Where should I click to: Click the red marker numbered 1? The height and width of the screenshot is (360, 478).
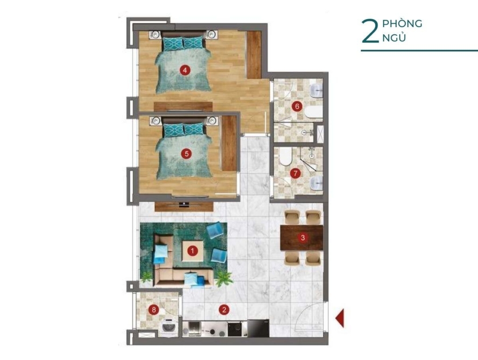coord(192,251)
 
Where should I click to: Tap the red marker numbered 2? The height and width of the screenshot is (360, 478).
coord(224,310)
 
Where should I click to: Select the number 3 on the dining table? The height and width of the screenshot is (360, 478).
coord(302,238)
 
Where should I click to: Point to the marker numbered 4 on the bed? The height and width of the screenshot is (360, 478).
coord(185,71)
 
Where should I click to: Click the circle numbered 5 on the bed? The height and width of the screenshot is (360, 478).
coord(186,154)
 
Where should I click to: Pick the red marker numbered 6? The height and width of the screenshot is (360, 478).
coord(296,106)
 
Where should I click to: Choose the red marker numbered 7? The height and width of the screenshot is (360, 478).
coord(295,173)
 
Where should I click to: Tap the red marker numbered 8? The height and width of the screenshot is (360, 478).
coord(154,310)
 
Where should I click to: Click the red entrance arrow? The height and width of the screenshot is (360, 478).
coord(340,318)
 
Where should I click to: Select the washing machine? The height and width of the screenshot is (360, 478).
coord(169,328)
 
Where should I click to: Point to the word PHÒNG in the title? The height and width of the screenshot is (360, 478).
coord(402,23)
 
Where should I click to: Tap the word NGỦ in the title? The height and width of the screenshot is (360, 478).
coord(394,38)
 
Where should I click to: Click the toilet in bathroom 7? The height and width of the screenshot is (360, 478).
coord(286,156)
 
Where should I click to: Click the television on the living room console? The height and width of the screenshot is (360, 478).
coord(184,204)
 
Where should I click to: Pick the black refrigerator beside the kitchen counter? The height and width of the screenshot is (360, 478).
coord(258,328)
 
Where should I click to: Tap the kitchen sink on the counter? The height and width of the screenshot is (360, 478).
coord(194,329)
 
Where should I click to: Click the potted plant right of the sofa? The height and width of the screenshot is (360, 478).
coord(224,279)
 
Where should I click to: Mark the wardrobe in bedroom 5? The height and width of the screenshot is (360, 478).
coord(229,143)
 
